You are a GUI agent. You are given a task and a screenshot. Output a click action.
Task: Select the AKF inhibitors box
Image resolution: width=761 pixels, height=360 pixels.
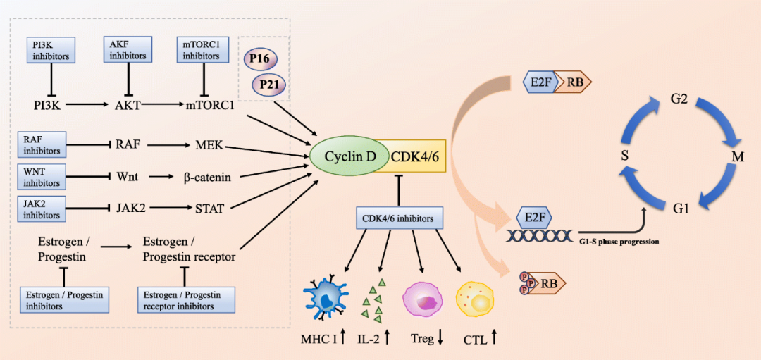[x=128, y=49]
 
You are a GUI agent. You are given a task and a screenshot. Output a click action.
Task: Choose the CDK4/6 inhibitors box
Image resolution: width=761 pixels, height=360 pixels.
[x=400, y=218]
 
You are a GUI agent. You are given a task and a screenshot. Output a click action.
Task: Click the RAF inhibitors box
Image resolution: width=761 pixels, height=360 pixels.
[x=42, y=144]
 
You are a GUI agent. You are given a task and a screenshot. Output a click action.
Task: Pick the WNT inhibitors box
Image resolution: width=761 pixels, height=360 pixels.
[x=42, y=177]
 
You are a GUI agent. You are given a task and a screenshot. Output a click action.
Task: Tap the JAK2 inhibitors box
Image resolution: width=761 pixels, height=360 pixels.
[x=42, y=209]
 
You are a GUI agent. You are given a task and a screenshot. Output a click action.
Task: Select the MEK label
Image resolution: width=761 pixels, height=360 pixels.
[x=209, y=144]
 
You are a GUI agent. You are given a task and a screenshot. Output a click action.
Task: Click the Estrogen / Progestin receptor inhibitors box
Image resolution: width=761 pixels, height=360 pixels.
[x=186, y=300]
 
